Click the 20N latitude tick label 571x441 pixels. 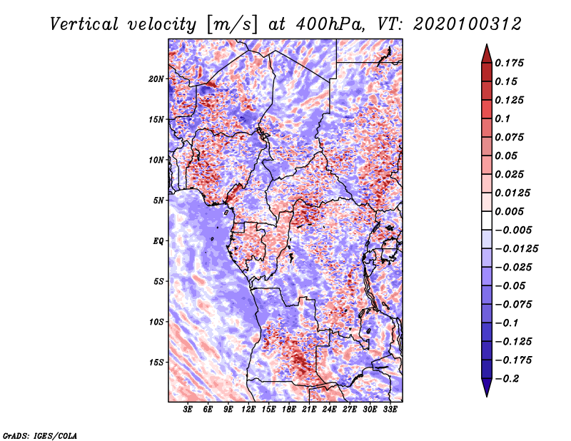[x=156, y=79]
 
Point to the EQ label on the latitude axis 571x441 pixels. [x=158, y=241]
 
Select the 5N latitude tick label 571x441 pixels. [x=158, y=201]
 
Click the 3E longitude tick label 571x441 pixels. [x=188, y=410]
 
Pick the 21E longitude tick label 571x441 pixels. [x=309, y=410]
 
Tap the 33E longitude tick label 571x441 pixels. [x=390, y=410]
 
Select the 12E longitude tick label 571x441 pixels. [x=248, y=410]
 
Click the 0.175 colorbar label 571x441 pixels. [x=509, y=63]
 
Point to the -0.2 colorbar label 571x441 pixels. [x=507, y=379]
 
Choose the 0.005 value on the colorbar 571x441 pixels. [x=509, y=211]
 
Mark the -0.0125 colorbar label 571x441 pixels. [x=516, y=249]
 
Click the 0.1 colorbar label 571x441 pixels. [x=502, y=118]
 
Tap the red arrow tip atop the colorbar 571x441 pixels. [x=487, y=44]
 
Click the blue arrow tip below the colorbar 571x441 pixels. [x=487, y=396]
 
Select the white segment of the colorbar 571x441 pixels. [x=487, y=220]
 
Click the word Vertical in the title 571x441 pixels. [x=84, y=24]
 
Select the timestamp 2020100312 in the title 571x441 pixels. [x=468, y=24]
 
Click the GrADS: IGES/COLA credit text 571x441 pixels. [x=40, y=435]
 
